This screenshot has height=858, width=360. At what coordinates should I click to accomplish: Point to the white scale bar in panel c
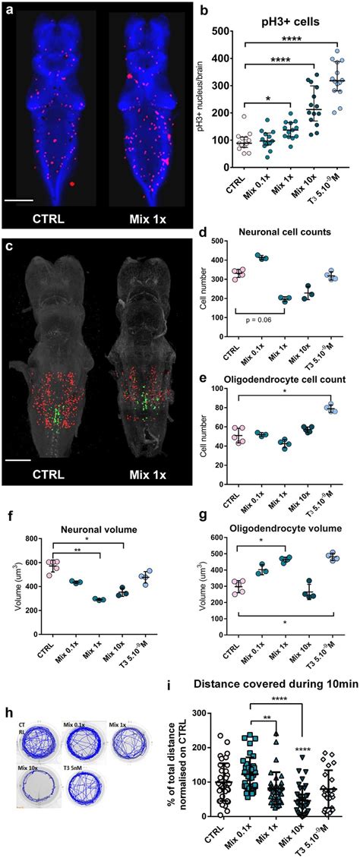(x=23, y=459)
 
